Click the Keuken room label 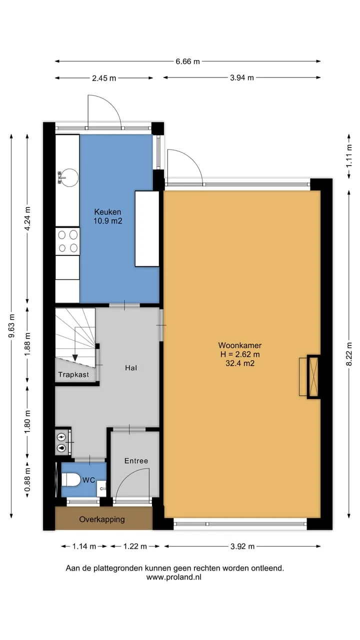pos(107,212)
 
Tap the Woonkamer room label pos(239,345)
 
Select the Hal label pos(131,367)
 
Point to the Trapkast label pos(73,374)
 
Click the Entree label pos(136,460)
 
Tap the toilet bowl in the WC pos(71,479)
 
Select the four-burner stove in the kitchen pos(67,241)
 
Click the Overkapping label pos(102,519)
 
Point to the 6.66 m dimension pos(187,61)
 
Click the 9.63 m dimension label pos(11,325)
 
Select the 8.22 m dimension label pos(349,353)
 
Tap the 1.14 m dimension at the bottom pos(84,546)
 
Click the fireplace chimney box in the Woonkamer pos(313,377)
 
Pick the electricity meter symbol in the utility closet pos(61,437)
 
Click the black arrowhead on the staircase pos(75,357)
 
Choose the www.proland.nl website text pos(173,577)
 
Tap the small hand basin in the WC pos(101,488)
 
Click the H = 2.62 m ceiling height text pos(240,354)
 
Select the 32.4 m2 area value pos(240,363)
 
